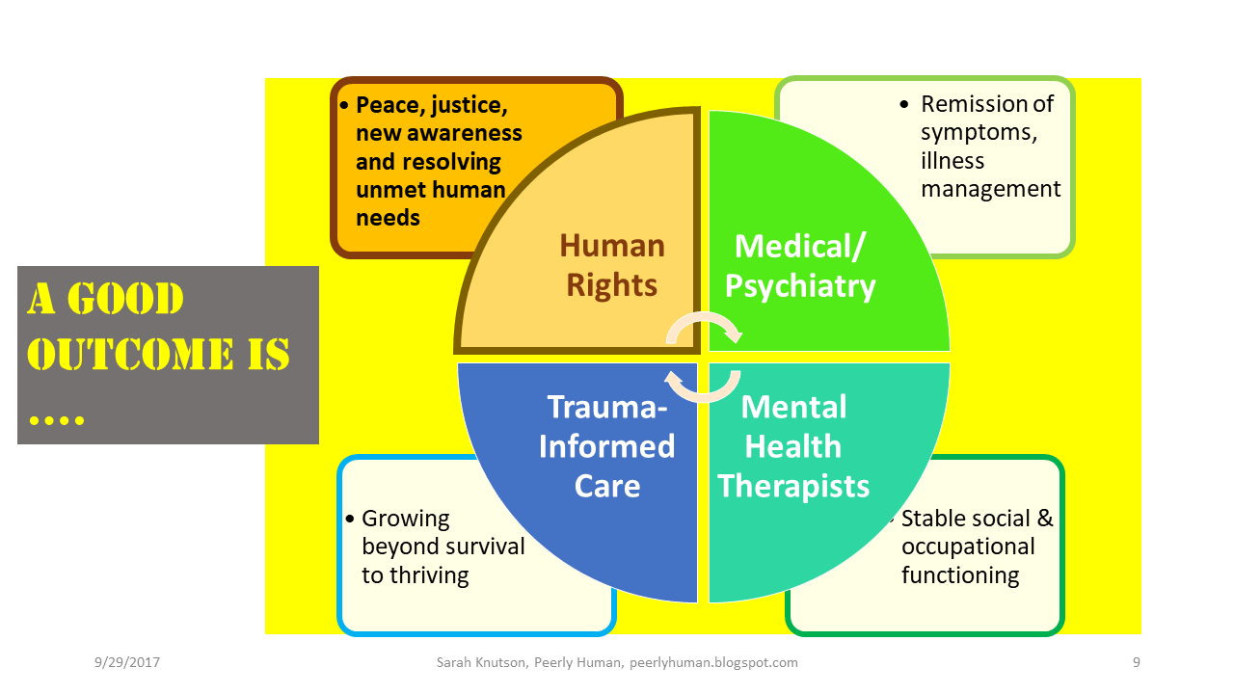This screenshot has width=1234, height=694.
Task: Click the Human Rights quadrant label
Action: pyautogui.click(x=612, y=265)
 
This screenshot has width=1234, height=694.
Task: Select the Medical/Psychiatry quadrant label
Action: pyautogui.click(x=800, y=266)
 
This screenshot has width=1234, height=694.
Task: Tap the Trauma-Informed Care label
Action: pyautogui.click(x=606, y=446)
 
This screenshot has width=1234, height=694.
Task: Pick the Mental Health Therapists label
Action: pyautogui.click(x=793, y=446)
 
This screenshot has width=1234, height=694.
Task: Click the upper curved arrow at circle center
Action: pyautogui.click(x=704, y=328)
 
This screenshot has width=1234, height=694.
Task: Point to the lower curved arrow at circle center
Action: pyautogui.click(x=703, y=387)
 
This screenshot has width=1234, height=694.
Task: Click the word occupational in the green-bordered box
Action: pyautogui.click(x=968, y=547)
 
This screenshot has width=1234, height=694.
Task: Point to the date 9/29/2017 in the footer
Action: pyautogui.click(x=127, y=663)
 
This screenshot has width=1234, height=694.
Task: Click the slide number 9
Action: pyautogui.click(x=1137, y=663)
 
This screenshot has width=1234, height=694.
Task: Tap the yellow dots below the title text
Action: pyautogui.click(x=57, y=420)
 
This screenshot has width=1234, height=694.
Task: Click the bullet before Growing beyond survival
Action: pyautogui.click(x=350, y=520)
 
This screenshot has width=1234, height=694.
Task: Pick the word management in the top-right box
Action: pyautogui.click(x=990, y=189)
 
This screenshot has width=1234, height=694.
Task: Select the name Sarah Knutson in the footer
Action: pyautogui.click(x=475, y=663)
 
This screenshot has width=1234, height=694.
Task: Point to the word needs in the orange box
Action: pyautogui.click(x=388, y=218)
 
